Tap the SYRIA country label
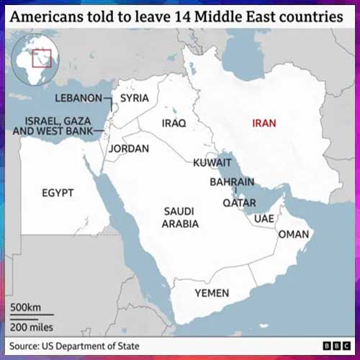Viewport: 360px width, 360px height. (135, 98)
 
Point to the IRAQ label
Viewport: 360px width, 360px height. (174, 123)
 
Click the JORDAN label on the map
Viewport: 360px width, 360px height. (129, 148)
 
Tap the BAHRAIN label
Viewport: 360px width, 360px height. (232, 182)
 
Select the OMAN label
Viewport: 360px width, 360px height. (293, 234)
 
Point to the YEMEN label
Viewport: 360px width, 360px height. (212, 293)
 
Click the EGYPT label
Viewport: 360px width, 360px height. (59, 193)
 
